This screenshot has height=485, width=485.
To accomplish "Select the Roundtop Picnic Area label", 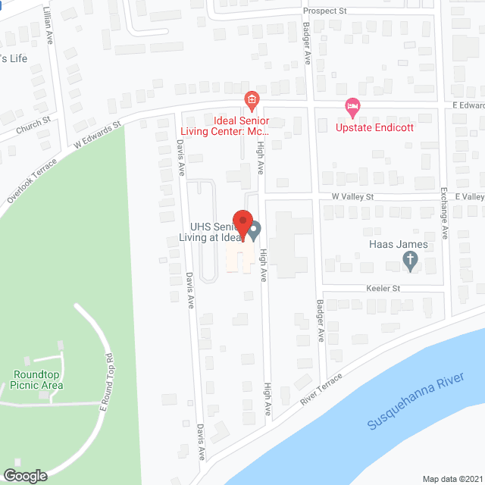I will pyautogui.click(x=37, y=380).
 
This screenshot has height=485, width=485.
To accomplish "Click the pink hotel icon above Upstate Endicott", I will pyautogui.click(x=351, y=107).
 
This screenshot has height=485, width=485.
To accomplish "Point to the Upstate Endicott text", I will pyautogui.click(x=375, y=127).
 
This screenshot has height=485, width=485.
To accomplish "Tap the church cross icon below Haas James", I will pyautogui.click(x=410, y=262).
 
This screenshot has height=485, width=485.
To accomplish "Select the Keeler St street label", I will pyautogui.click(x=383, y=289).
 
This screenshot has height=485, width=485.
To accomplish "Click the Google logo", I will pyautogui.click(x=25, y=475).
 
